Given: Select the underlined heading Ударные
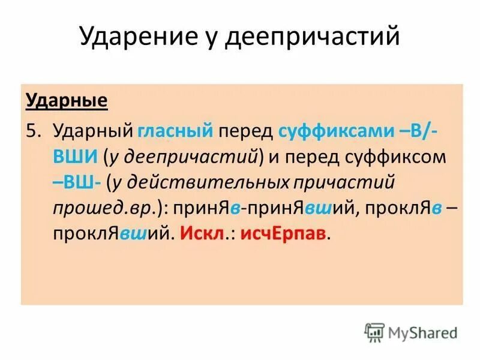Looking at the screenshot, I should tap(67, 100).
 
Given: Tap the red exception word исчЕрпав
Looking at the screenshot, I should tap(283, 233).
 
